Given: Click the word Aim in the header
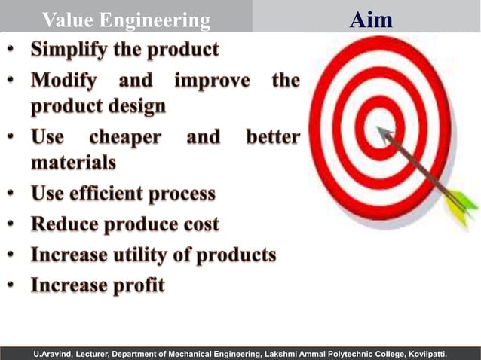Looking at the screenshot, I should click(371, 19).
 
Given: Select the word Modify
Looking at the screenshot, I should click(66, 80).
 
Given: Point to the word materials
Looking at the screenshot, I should click(73, 162).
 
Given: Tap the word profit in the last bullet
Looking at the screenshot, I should click(137, 285).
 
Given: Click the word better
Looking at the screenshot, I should click(273, 137).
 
